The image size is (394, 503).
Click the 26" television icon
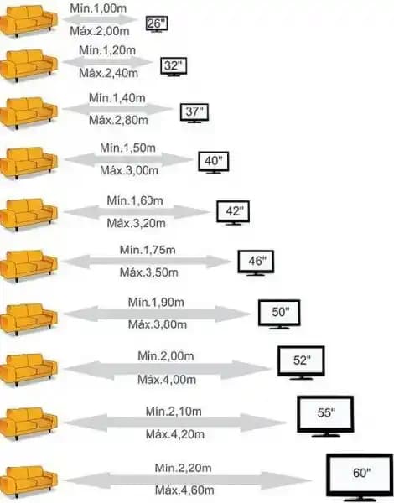(157, 24)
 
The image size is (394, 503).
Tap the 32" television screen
(174, 65)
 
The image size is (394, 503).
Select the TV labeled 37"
(194, 113)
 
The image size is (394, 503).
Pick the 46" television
(256, 262)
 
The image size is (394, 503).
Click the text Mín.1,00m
(98, 8)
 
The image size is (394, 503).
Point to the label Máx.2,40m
(108, 73)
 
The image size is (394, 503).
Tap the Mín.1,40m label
(117, 98)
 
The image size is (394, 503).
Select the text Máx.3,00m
(129, 170)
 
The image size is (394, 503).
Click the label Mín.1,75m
(148, 250)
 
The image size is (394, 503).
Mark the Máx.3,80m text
(158, 324)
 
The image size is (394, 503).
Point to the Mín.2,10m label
(174, 412)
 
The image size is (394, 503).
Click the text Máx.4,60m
(184, 490)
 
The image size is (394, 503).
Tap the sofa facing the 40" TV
(29, 163)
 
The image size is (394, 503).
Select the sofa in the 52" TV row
(29, 370)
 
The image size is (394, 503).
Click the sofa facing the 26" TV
(29, 21)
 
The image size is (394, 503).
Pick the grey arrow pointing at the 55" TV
(174, 423)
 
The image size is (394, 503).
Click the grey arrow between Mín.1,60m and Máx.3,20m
(137, 212)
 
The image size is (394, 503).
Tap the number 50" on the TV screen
(281, 312)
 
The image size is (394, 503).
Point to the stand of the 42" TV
(233, 224)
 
